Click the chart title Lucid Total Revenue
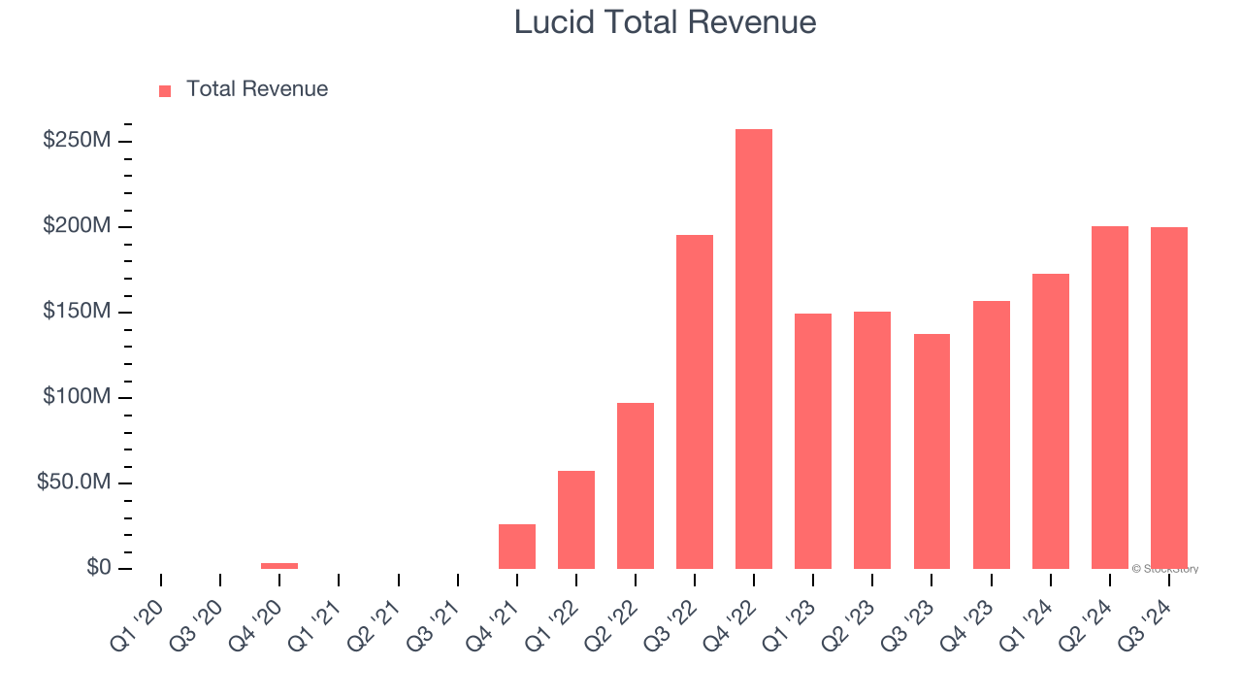click(665, 22)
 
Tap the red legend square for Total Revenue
click(165, 91)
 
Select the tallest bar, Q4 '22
click(754, 349)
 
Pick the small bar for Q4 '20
click(279, 565)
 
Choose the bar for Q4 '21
click(517, 547)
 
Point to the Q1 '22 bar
click(576, 519)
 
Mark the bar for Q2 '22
click(636, 485)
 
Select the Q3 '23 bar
click(931, 451)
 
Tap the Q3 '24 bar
click(1169, 397)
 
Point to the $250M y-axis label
click(77, 141)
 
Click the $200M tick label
click(77, 226)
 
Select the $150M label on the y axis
click(77, 312)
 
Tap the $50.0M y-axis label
click(74, 483)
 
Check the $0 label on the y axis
click(98, 568)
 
